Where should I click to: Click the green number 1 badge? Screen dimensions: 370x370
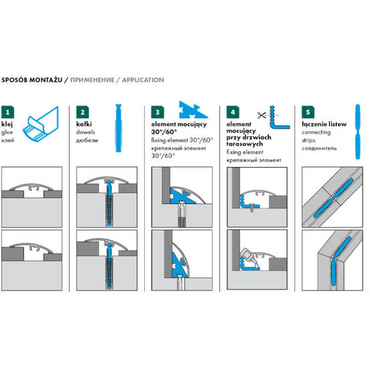click(x=7, y=112)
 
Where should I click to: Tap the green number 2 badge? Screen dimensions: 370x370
click(x=82, y=112)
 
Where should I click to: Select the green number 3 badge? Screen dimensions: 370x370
click(x=158, y=112)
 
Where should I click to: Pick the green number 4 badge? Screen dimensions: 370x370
click(x=233, y=112)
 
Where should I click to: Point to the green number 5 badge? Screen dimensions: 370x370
click(x=308, y=112)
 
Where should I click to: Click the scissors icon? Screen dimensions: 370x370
click(x=261, y=115)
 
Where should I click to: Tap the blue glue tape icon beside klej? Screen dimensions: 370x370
click(x=41, y=125)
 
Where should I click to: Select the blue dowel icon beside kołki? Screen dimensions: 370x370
click(x=119, y=128)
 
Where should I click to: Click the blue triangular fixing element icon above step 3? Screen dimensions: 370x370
click(x=193, y=110)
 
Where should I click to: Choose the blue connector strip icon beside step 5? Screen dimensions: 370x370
click(x=358, y=131)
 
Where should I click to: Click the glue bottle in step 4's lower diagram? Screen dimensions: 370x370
click(x=247, y=256)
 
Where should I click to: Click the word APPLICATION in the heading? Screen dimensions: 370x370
click(x=143, y=80)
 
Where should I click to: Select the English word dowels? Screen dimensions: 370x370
click(x=85, y=132)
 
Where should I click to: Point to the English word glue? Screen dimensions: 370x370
click(x=7, y=133)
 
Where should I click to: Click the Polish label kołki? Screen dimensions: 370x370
click(x=84, y=124)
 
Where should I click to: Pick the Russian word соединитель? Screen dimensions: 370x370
click(x=319, y=148)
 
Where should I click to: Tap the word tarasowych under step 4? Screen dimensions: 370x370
click(x=245, y=143)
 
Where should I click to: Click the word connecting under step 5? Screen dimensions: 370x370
click(x=316, y=132)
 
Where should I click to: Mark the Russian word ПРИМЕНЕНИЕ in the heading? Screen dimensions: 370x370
click(x=92, y=80)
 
